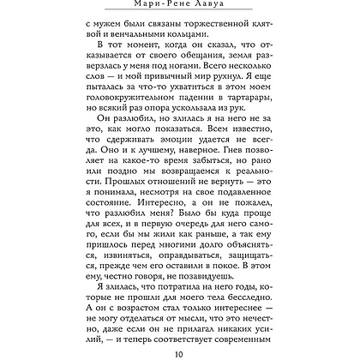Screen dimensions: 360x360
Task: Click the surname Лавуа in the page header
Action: pos(216,5)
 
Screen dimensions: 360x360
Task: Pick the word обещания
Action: pos(163,87)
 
